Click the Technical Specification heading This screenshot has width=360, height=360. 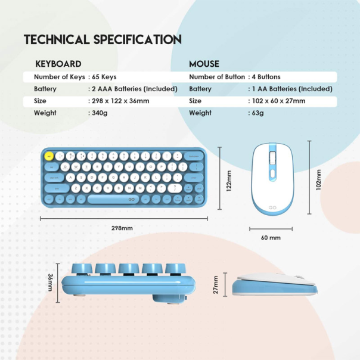click(x=103, y=41)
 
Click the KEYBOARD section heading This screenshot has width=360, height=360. click(x=58, y=64)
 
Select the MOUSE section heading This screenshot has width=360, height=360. click(x=204, y=64)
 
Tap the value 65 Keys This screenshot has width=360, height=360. click(x=104, y=77)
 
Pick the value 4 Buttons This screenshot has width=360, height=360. click(x=265, y=77)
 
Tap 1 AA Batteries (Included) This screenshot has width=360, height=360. click(x=291, y=89)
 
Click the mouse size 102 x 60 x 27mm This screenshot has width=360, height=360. click(x=278, y=101)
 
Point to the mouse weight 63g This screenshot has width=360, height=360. click(x=257, y=113)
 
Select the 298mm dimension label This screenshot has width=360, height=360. click(x=123, y=228)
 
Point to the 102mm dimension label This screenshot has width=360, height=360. click(x=319, y=179)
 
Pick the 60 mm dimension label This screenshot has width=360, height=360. click(x=271, y=238)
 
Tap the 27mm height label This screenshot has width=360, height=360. click(x=216, y=285)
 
